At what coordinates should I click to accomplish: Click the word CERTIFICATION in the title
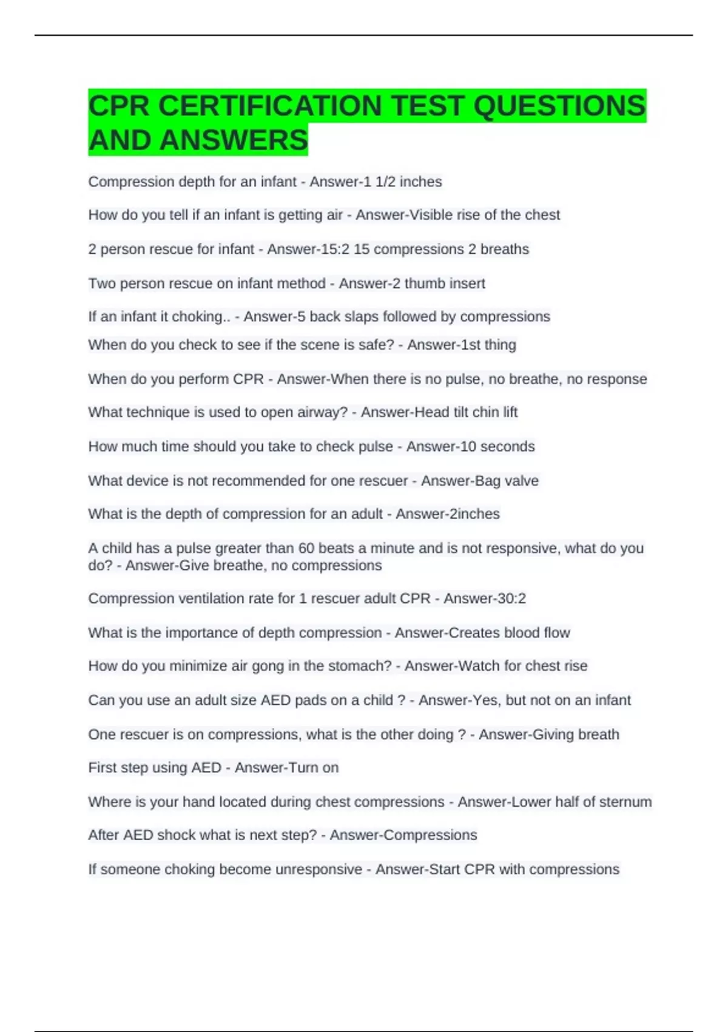(271, 106)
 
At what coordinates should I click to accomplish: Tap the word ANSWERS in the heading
(234, 140)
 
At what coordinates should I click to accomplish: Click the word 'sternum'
(625, 802)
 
